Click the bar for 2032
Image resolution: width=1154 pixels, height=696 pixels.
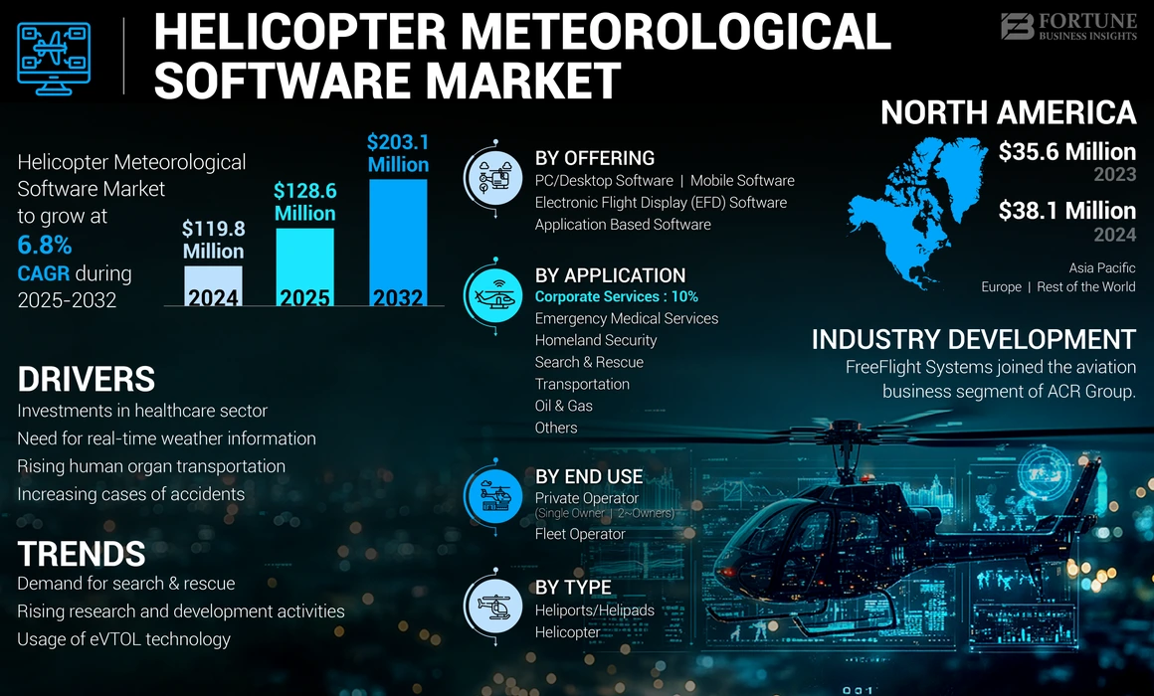(398, 243)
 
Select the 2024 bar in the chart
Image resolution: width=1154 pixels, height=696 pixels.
(213, 285)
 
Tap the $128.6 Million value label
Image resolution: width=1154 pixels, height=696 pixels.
(305, 202)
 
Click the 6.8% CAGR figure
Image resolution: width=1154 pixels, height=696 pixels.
(45, 246)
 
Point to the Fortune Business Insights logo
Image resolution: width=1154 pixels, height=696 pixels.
(1068, 27)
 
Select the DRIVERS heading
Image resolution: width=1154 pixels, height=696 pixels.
(86, 379)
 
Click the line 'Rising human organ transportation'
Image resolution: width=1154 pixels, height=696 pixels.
(151, 466)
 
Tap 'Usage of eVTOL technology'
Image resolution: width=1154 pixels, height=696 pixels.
(123, 639)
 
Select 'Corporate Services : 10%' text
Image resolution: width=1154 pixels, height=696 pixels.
(616, 296)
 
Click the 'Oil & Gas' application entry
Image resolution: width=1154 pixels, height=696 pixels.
(563, 406)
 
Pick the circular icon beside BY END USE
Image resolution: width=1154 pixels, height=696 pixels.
(494, 493)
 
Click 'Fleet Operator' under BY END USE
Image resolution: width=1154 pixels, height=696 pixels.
(580, 534)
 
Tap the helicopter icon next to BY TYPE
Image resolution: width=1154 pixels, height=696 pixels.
(494, 604)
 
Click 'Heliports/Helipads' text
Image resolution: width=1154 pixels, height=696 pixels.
(594, 610)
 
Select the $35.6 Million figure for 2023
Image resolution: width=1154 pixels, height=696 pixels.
(1066, 152)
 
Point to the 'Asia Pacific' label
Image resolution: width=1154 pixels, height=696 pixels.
(1101, 268)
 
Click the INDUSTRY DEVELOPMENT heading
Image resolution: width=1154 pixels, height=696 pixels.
(973, 339)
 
